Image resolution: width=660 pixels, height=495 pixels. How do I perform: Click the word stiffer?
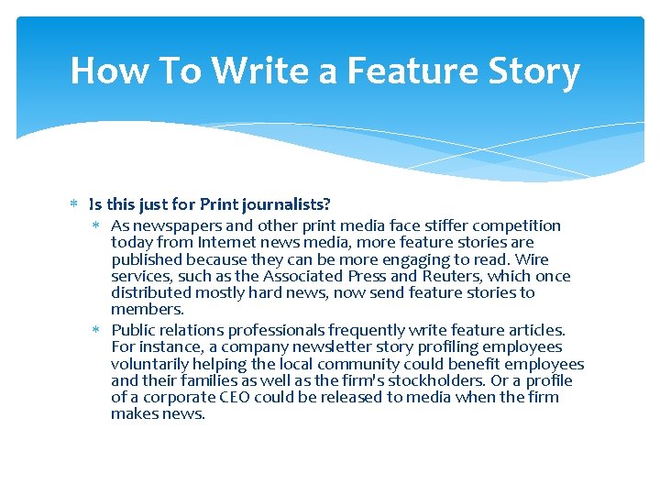444,225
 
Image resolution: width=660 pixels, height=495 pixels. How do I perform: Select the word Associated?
301,276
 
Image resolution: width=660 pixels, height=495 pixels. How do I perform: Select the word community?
353,364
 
